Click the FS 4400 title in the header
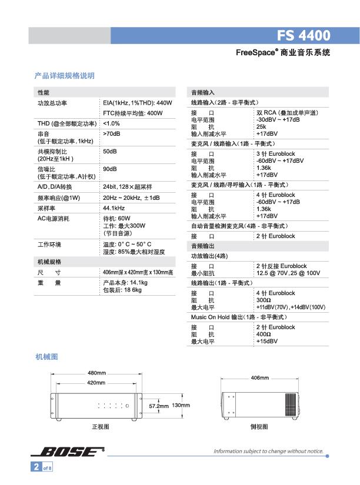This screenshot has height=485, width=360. [304, 35]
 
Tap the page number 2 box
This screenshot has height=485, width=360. [36, 467]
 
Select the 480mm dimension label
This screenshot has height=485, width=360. [96, 373]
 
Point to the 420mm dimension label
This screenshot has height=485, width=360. [96, 382]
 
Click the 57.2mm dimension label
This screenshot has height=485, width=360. [159, 406]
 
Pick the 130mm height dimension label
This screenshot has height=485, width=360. [181, 406]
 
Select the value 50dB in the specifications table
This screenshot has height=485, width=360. [110, 152]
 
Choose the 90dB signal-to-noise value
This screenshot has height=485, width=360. [110, 169]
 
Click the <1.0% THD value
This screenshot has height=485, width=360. [111, 123]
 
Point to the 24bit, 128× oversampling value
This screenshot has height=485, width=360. [128, 187]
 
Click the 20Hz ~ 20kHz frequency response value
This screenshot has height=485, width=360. [131, 198]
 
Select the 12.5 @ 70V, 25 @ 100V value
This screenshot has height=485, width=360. [288, 273]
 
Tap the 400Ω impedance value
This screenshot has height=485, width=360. [264, 334]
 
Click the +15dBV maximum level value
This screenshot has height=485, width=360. [267, 341]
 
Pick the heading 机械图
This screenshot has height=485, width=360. [46, 357]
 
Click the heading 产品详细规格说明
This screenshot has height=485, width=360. [65, 75]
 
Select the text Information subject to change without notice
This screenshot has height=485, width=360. [268, 451]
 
